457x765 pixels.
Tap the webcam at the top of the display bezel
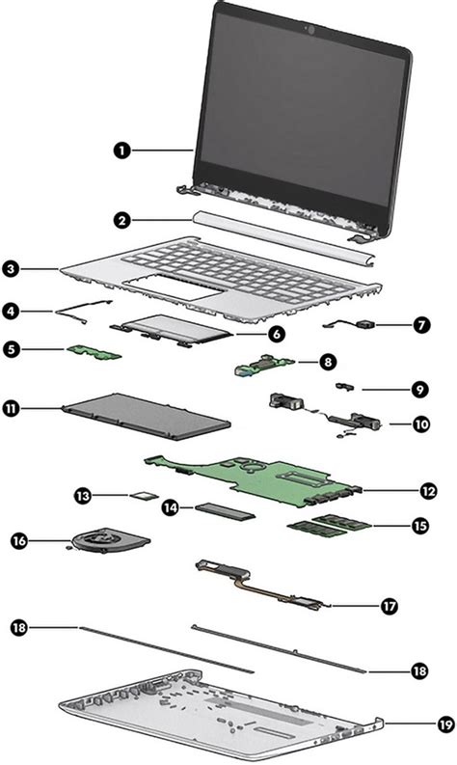coord(310,30)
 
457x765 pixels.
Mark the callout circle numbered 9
coord(420,390)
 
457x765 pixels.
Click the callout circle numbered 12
coord(428,490)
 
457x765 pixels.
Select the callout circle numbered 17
coord(389,607)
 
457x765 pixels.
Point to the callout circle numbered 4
coord(11,312)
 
